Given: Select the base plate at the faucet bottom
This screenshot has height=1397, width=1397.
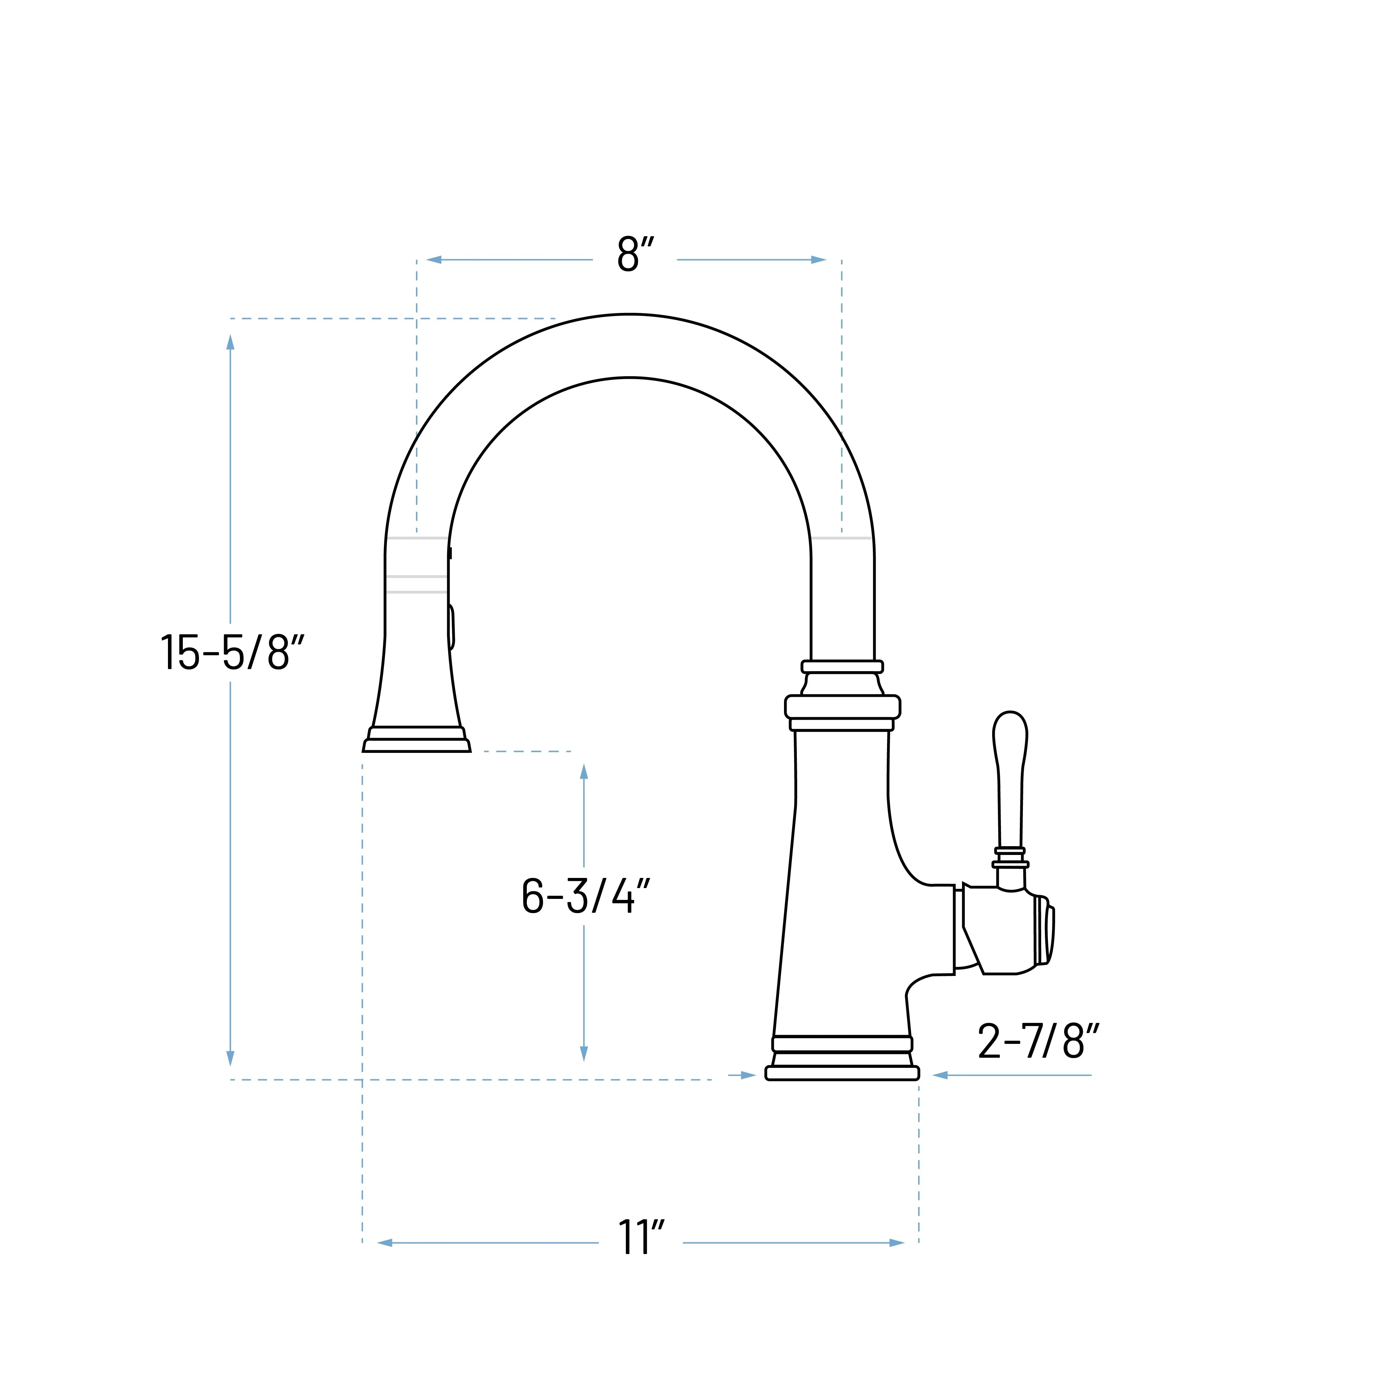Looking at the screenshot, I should (x=842, y=1073).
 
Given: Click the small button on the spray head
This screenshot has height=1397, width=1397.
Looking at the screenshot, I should (x=451, y=627).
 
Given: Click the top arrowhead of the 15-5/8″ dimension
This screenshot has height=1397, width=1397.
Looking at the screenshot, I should (x=231, y=342).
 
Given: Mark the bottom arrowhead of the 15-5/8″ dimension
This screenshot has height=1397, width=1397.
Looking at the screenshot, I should (x=231, y=1058).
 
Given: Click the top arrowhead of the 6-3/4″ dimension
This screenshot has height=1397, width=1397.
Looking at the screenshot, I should (x=584, y=771).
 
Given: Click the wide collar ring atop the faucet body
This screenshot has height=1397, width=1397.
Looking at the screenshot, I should (x=842, y=707).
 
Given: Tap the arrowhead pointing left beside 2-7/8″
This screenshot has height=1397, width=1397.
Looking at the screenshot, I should (x=940, y=1075).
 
